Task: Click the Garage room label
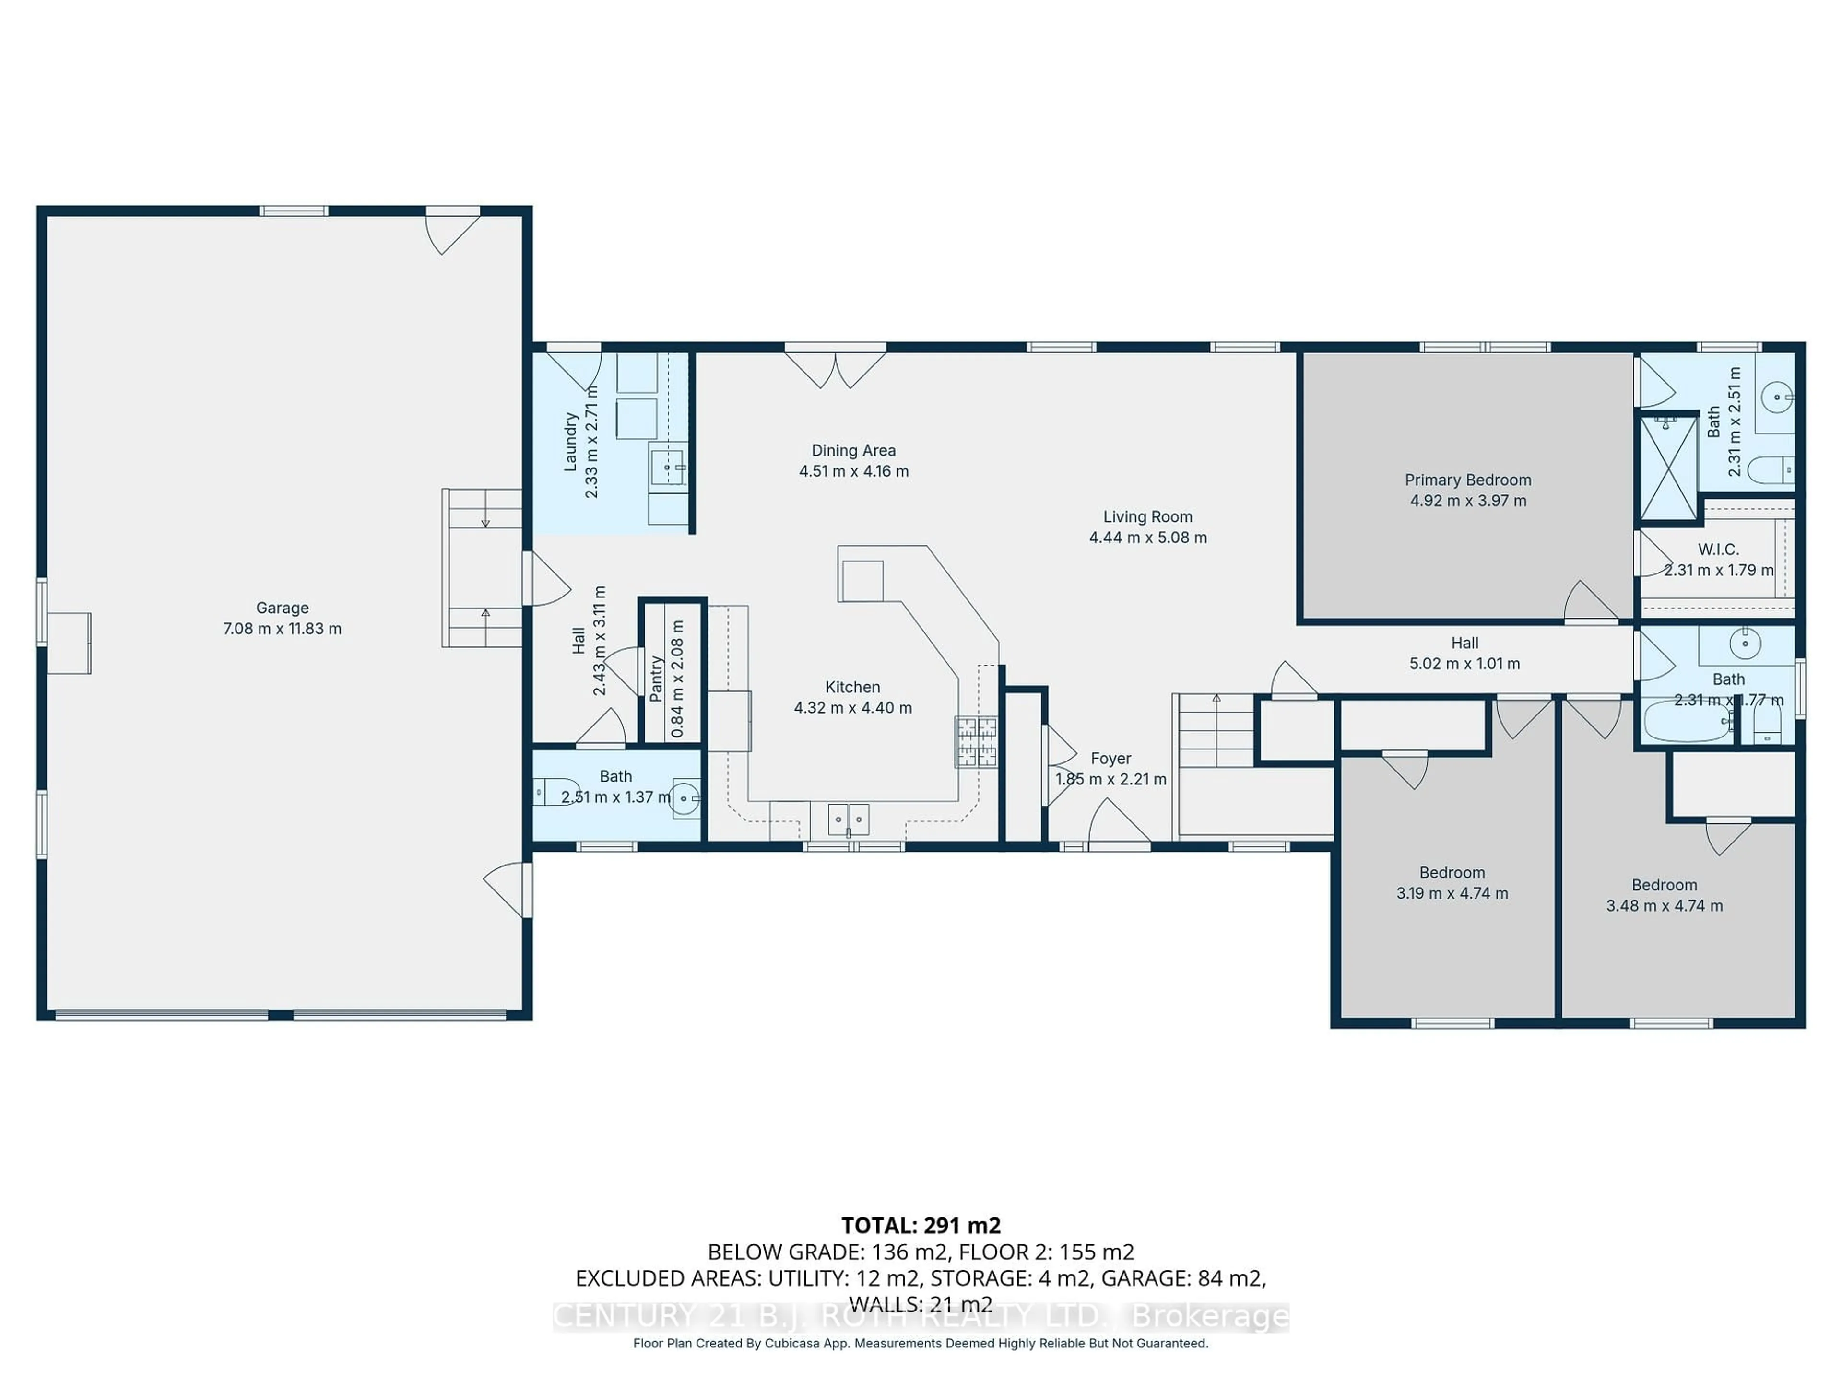pos(282,608)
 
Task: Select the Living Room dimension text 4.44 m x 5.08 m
pos(1147,538)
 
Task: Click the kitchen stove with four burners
pos(976,741)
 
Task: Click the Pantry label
pos(656,679)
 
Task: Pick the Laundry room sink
pos(667,466)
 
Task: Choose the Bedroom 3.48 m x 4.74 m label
pos(1664,895)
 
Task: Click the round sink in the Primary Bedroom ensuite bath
pos(1776,397)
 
